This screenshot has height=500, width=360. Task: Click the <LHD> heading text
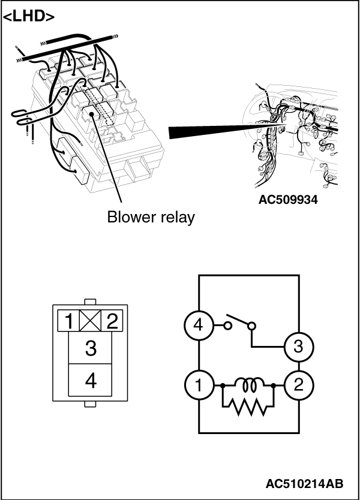pyautogui.click(x=28, y=16)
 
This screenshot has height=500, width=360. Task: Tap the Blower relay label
pyautogui.click(x=151, y=217)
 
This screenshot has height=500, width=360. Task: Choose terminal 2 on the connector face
pyautogui.click(x=111, y=323)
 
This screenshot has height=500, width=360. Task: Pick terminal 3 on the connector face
pyautogui.click(x=91, y=348)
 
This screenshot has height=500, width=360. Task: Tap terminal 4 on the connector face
pyautogui.click(x=91, y=381)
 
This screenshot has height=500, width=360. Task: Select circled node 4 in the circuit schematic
pyautogui.click(x=198, y=327)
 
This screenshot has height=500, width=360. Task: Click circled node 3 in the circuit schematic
pyautogui.click(x=298, y=347)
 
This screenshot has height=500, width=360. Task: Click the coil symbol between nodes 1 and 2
pyautogui.click(x=248, y=384)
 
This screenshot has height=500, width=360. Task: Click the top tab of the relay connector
pyautogui.click(x=90, y=301)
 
